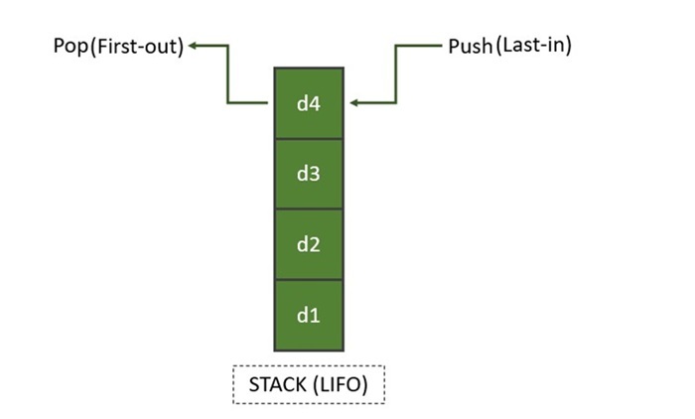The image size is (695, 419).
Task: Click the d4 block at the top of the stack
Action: (x=309, y=103)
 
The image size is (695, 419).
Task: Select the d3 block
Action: (x=309, y=174)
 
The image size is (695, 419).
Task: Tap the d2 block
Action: (x=309, y=244)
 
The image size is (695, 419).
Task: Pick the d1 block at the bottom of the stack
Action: (x=309, y=315)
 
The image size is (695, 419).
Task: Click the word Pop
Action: (x=71, y=47)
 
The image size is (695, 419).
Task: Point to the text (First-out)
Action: (x=137, y=47)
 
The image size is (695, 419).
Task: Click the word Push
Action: (x=470, y=46)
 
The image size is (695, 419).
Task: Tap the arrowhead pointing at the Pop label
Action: (x=196, y=46)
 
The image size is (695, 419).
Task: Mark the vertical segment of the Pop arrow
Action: (x=227, y=74)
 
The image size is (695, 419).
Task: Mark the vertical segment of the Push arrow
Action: (x=397, y=74)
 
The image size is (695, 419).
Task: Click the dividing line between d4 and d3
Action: (x=309, y=139)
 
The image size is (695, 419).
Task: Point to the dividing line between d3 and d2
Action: (x=309, y=209)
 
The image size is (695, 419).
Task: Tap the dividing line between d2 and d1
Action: (x=309, y=279)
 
